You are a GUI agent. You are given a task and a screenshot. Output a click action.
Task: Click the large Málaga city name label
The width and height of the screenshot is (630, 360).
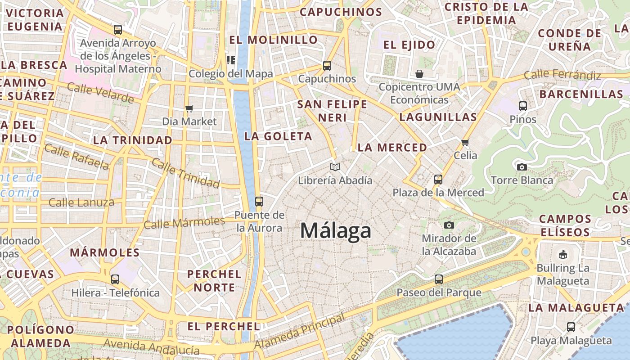[x=336, y=231]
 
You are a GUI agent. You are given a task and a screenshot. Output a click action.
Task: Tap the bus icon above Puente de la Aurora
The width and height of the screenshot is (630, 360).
[x=259, y=201]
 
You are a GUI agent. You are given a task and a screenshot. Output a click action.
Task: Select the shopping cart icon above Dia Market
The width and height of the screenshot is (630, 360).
[x=189, y=108]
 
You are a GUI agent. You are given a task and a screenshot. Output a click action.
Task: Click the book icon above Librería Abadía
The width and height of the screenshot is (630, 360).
[x=335, y=167]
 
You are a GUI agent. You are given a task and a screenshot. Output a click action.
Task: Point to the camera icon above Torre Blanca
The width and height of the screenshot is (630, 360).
[x=522, y=167]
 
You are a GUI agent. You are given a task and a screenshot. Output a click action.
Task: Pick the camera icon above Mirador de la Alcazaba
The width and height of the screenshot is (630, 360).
[x=449, y=225]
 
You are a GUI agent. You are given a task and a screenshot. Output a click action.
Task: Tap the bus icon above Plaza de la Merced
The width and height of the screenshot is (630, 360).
[x=438, y=180]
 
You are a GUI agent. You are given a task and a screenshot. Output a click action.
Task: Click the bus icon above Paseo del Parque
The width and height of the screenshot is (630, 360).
[x=439, y=279]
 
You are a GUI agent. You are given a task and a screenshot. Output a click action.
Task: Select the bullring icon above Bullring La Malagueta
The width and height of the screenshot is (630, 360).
[x=562, y=255]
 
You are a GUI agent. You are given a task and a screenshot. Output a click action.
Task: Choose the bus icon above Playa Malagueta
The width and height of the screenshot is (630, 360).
[x=571, y=327]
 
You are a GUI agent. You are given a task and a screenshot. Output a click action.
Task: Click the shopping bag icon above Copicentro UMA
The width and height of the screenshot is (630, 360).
[x=419, y=73]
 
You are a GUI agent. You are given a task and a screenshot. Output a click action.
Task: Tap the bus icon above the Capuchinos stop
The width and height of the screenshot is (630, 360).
[x=327, y=66]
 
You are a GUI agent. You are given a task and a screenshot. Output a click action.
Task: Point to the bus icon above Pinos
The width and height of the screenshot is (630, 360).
[x=522, y=106]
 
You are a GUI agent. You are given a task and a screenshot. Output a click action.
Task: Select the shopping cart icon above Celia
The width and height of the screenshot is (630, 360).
[x=465, y=142]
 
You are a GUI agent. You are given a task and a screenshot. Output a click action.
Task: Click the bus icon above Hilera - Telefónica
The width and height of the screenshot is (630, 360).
[x=115, y=279]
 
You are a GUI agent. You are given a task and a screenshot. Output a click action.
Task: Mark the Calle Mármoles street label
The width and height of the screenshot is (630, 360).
[x=184, y=222]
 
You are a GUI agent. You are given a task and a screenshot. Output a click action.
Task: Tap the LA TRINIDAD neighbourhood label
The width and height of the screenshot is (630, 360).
[x=133, y=140]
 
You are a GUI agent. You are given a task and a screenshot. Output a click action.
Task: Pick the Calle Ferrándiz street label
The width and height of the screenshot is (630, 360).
[x=562, y=75]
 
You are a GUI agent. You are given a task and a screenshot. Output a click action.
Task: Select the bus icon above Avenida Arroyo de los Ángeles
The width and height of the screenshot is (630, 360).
[x=117, y=30]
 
